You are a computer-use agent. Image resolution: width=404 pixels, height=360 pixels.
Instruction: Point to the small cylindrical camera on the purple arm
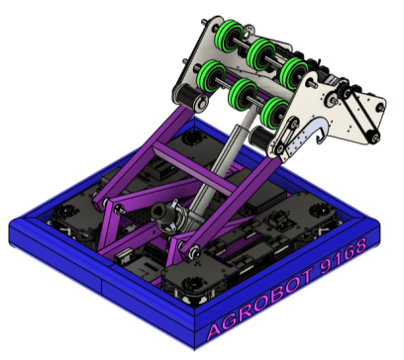point(169,212)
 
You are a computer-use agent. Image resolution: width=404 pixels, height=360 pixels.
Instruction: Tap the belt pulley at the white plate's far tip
point(372,136)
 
